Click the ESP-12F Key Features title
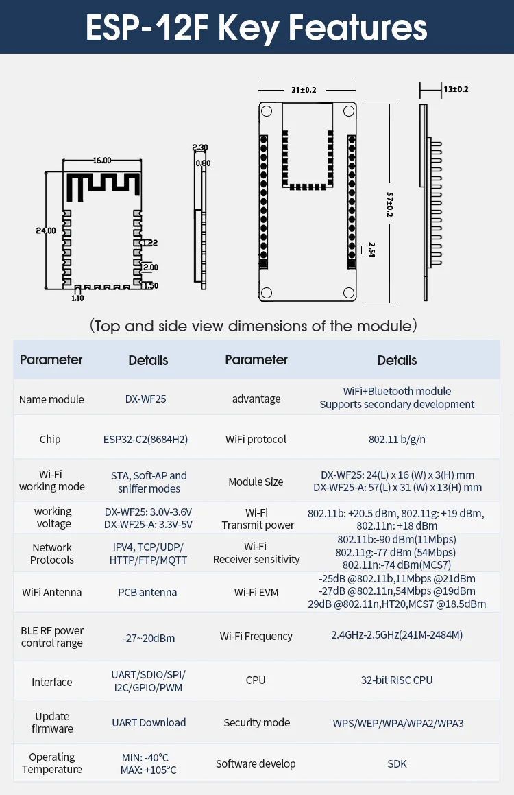click(256, 27)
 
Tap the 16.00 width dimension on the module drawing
click(101, 161)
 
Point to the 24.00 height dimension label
click(46, 231)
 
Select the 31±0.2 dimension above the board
click(304, 90)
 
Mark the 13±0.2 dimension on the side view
click(456, 89)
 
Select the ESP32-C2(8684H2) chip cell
click(148, 439)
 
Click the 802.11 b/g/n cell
click(396, 439)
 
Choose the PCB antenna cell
click(147, 592)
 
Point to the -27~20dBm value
click(149, 638)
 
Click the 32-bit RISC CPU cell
click(396, 680)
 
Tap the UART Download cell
click(149, 722)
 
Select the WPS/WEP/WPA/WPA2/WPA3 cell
click(397, 723)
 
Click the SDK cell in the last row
click(397, 763)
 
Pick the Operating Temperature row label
click(52, 763)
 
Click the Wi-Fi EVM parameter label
click(256, 592)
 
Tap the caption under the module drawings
click(254, 326)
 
